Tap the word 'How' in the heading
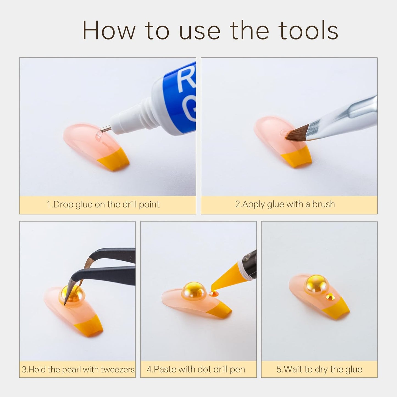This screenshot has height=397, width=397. [109, 30]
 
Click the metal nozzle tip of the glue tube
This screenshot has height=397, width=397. [106, 129]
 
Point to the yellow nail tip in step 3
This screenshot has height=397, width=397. [88, 328]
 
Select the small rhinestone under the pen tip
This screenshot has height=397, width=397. [212, 294]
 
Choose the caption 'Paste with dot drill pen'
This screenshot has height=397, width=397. [196, 370]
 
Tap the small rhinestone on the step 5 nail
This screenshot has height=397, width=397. [329, 296]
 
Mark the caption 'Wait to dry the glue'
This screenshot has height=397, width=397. [319, 370]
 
